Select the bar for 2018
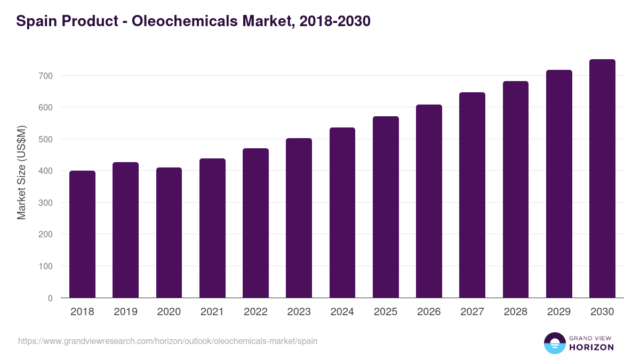click(x=82, y=235)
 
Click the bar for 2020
click(x=169, y=233)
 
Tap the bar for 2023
click(x=299, y=218)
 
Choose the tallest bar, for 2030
click(x=602, y=179)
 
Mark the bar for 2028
click(x=516, y=190)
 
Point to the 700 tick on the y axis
click(x=46, y=76)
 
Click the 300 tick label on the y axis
click(x=46, y=203)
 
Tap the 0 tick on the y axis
click(x=50, y=298)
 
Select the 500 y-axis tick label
click(x=46, y=139)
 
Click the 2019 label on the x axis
click(x=125, y=312)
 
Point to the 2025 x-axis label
click(x=386, y=312)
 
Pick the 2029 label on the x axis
click(x=559, y=312)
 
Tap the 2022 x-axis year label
click(x=255, y=312)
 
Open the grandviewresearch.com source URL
click(x=167, y=341)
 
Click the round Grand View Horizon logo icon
click(x=555, y=343)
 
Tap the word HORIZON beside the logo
click(x=591, y=347)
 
